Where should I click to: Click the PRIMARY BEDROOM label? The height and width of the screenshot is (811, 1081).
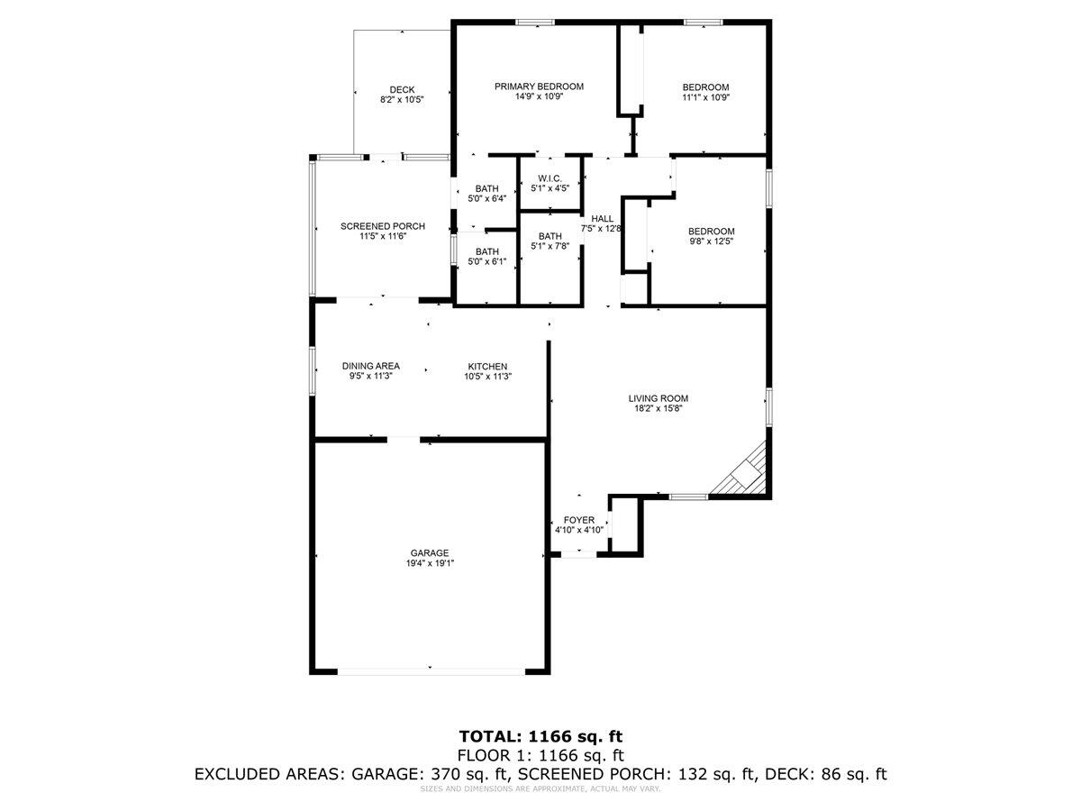tap(539, 87)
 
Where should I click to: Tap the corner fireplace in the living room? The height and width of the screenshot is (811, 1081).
tap(746, 470)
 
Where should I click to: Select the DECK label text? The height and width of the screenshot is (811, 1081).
tap(402, 89)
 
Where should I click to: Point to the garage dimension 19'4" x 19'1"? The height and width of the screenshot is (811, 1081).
tap(430, 564)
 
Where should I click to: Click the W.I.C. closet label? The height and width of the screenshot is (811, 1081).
tap(550, 178)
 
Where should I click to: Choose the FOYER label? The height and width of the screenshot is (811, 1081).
tap(578, 520)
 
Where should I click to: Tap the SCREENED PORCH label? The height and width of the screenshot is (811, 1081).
tap(382, 226)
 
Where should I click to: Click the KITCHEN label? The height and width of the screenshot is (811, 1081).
tap(486, 366)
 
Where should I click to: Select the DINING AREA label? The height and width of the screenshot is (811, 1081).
tap(370, 366)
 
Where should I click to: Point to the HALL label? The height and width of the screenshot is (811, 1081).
tap(602, 218)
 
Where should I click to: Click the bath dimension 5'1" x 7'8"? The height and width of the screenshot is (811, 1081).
tap(550, 247)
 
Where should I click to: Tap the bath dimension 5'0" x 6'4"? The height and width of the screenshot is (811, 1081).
tap(486, 199)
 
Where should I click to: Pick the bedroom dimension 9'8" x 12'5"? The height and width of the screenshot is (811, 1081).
tap(712, 241)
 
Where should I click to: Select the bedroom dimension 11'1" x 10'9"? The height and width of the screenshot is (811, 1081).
tap(704, 97)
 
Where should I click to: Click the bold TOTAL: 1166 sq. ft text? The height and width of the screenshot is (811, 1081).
tap(540, 736)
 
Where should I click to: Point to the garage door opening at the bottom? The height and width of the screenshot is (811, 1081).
tap(430, 670)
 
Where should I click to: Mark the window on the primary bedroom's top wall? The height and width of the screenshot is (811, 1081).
tap(535, 22)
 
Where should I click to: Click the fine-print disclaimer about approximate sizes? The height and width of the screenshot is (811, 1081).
tap(540, 789)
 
